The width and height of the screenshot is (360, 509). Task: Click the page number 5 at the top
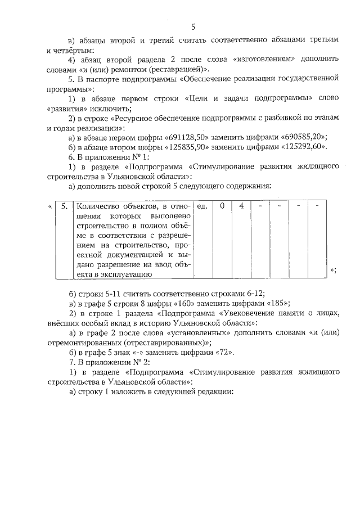(193, 26)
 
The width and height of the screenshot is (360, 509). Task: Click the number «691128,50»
(188, 137)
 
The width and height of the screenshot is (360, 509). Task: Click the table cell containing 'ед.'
(203, 206)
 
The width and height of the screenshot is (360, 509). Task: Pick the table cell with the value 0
(222, 206)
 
